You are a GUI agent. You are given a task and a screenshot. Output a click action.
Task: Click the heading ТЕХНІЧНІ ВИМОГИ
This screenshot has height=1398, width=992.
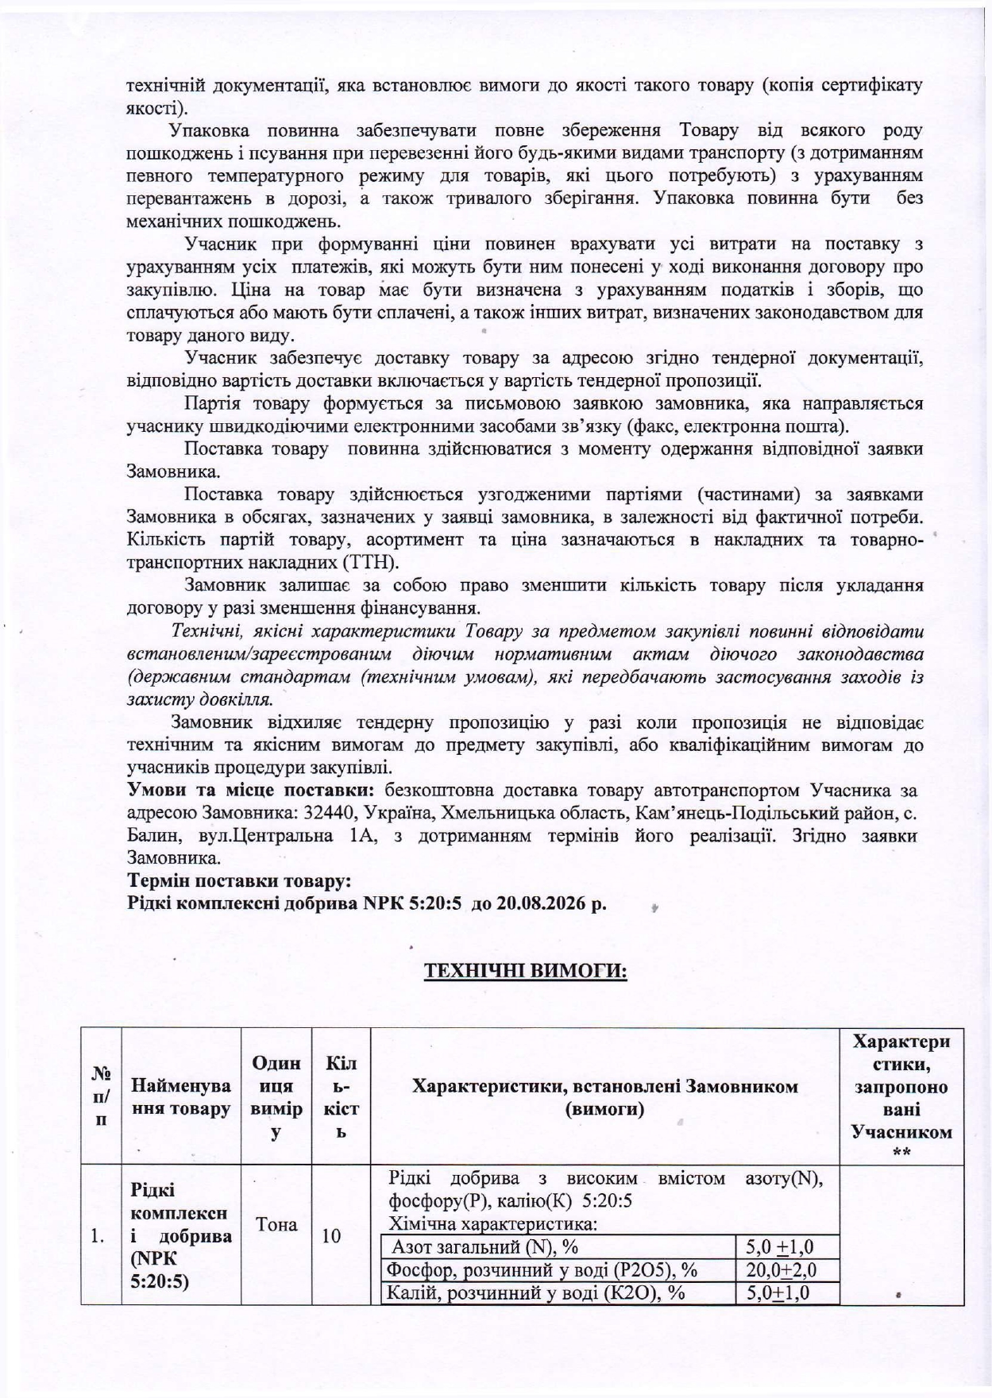526,972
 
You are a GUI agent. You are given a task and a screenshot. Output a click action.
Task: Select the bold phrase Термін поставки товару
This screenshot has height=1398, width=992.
239,881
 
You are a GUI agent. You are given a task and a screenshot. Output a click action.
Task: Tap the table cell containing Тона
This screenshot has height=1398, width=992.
276,1223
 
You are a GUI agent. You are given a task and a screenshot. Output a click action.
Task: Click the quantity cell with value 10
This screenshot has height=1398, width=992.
332,1235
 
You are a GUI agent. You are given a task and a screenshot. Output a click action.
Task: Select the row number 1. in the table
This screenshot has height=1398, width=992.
98,1235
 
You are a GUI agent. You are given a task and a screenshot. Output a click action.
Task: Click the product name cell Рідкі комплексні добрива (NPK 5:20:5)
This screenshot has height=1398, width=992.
181,1235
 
